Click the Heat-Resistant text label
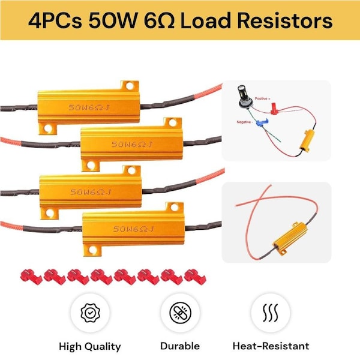click(x=271, y=346)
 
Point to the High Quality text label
click(x=89, y=346)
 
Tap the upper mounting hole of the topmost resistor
click(x=127, y=87)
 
